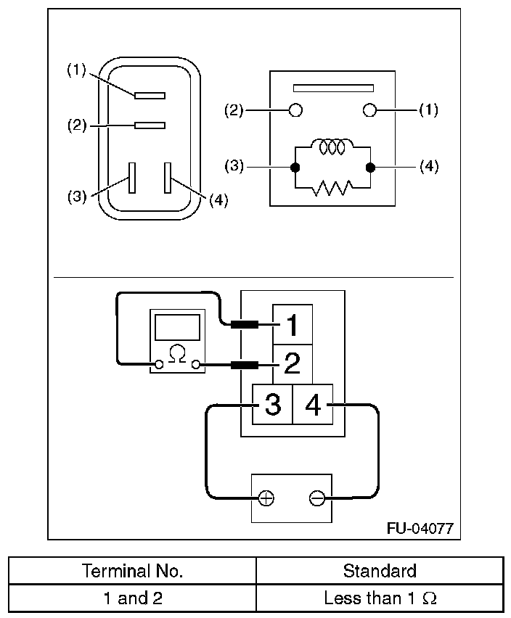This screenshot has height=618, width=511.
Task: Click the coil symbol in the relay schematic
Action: [x=332, y=147]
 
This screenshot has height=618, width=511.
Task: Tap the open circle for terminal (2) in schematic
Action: [x=295, y=110]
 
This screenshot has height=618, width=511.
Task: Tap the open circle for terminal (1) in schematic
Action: [x=369, y=110]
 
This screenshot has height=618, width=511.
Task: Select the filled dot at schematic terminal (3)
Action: [x=295, y=168]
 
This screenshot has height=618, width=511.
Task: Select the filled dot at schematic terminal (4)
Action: [x=369, y=168]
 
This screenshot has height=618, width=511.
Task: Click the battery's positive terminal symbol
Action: [x=266, y=498]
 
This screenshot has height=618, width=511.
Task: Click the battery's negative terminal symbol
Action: [x=316, y=498]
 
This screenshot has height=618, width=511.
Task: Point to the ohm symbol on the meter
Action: [x=176, y=353]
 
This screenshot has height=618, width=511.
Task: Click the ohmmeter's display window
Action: [x=176, y=328]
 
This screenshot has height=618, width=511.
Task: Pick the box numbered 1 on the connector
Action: [x=293, y=325]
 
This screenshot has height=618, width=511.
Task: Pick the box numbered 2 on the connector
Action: [x=293, y=363]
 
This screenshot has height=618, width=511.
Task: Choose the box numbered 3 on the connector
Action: [x=272, y=404]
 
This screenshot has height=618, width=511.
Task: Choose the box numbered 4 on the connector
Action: [x=313, y=404]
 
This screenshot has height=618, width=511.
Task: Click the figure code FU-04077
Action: [x=420, y=528]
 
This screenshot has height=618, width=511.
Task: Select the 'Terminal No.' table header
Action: [x=132, y=571]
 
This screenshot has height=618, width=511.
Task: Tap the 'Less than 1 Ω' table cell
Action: [x=380, y=598]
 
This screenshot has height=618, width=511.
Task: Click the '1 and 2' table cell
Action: [x=132, y=598]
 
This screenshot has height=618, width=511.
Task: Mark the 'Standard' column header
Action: [x=380, y=571]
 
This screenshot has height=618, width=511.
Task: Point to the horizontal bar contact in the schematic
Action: [x=332, y=88]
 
